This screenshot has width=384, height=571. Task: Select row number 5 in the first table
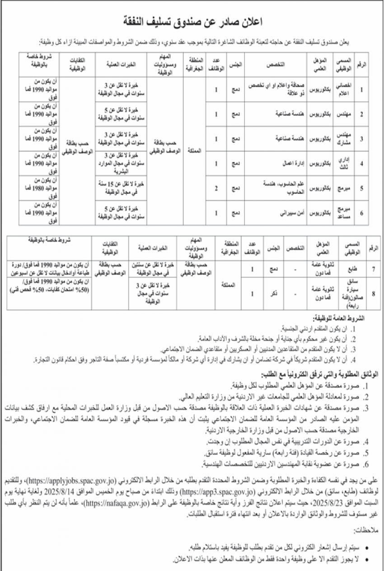click(x=361, y=188)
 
